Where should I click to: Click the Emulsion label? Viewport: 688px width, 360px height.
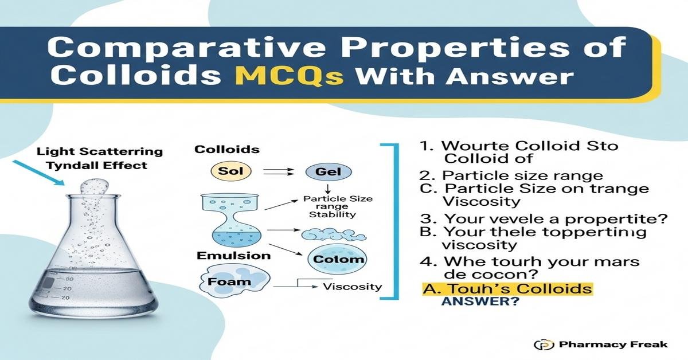(234, 255)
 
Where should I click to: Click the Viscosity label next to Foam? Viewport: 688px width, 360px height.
(353, 287)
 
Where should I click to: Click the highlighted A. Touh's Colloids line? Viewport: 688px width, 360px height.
(505, 288)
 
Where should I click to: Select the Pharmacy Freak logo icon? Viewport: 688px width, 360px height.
(541, 345)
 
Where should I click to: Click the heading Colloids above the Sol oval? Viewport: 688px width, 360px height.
(226, 150)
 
